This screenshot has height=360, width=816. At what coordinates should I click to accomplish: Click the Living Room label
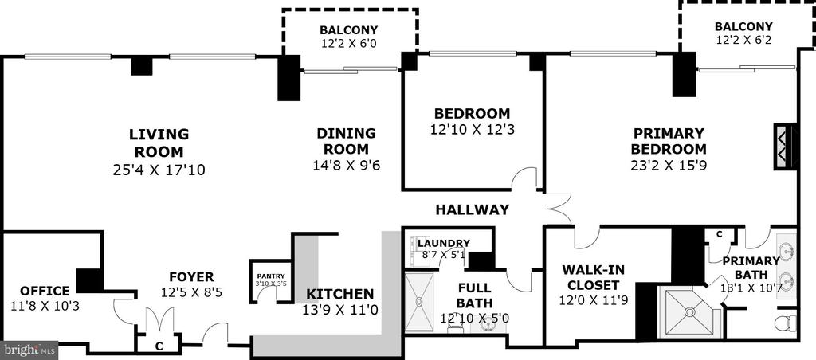[x=159, y=143]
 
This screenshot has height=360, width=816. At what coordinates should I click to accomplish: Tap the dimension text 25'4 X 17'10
[x=159, y=170]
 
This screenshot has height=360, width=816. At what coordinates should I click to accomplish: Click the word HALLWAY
[x=472, y=209]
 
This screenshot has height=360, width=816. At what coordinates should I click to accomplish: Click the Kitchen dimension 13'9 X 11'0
[x=339, y=311]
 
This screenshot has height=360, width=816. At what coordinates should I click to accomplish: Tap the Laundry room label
[x=444, y=243]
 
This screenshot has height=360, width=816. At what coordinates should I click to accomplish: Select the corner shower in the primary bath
[x=689, y=312]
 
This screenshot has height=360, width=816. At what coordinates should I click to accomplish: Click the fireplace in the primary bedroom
[x=785, y=147]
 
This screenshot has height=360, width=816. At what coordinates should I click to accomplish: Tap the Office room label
[x=45, y=291]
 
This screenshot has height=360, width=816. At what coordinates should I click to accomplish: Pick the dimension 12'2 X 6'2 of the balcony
[x=743, y=39]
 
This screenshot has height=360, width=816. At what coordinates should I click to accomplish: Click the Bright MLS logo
[x=29, y=350]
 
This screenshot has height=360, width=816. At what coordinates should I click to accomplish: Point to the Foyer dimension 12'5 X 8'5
[x=191, y=292]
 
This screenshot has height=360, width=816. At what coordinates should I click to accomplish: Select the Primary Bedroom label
[x=669, y=141]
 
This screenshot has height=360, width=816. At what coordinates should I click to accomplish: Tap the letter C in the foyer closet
[x=159, y=346]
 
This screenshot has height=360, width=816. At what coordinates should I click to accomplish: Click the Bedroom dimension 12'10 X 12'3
[x=472, y=129]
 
